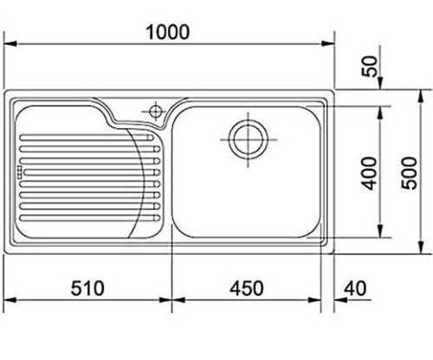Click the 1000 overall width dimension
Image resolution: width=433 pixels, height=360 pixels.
click(168, 32)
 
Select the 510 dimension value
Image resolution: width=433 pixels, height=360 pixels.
click(87, 288)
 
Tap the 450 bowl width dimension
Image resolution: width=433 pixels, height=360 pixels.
click(247, 288)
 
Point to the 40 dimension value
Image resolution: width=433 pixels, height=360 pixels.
click(356, 288)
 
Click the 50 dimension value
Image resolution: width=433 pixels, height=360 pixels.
click(370, 66)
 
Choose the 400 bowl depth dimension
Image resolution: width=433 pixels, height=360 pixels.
click(370, 173)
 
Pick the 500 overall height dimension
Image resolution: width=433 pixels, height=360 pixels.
click(410, 173)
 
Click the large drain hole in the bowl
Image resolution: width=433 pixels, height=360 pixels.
click(248, 139)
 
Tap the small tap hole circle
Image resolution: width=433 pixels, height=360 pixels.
click(156, 111)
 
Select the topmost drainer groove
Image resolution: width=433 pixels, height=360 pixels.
click(87, 138)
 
